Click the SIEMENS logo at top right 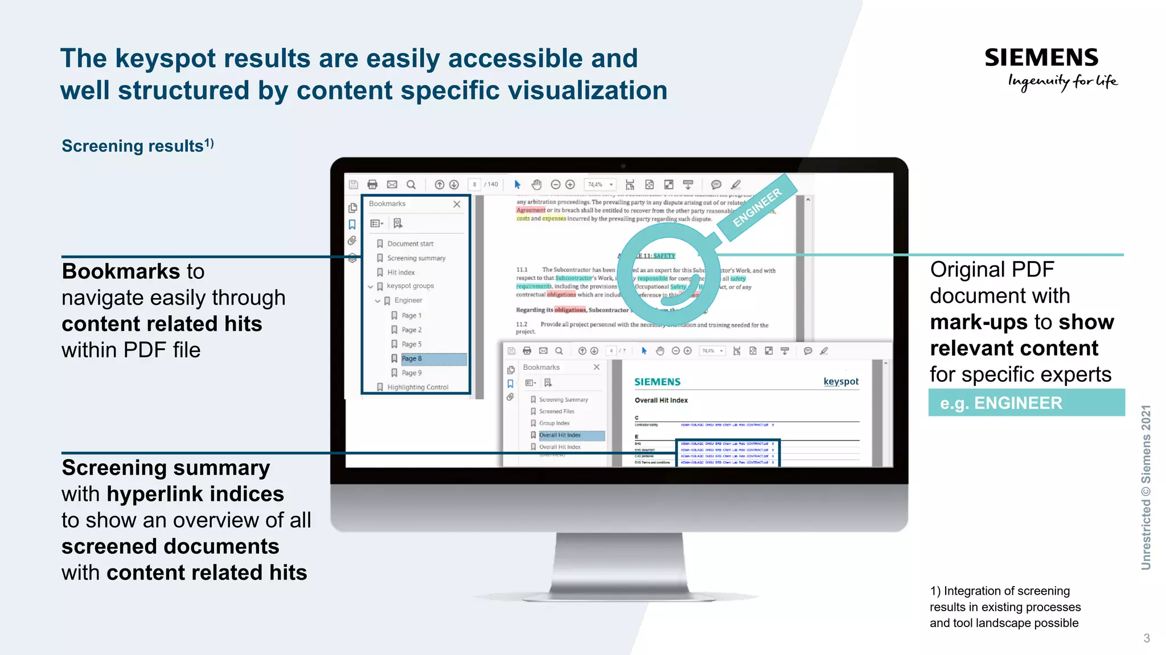[x=1041, y=57]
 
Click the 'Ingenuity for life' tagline [x=1062, y=82]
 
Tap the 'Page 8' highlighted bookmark [x=412, y=359]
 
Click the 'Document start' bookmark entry [x=410, y=244]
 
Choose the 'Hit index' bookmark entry [x=401, y=273]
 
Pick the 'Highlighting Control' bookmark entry [x=417, y=387]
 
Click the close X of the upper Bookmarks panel [x=457, y=204]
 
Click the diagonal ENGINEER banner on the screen [x=757, y=208]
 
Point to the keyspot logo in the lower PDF [x=841, y=381]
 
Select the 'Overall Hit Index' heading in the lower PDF [x=661, y=400]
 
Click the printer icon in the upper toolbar [x=372, y=184]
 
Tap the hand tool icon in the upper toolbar [x=536, y=184]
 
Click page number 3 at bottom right [x=1146, y=638]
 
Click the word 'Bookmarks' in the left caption [x=121, y=271]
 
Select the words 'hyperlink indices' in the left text [x=195, y=494]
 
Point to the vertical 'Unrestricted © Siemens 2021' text [x=1146, y=487]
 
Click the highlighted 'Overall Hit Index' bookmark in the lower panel [x=560, y=435]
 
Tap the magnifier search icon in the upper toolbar [x=411, y=184]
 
